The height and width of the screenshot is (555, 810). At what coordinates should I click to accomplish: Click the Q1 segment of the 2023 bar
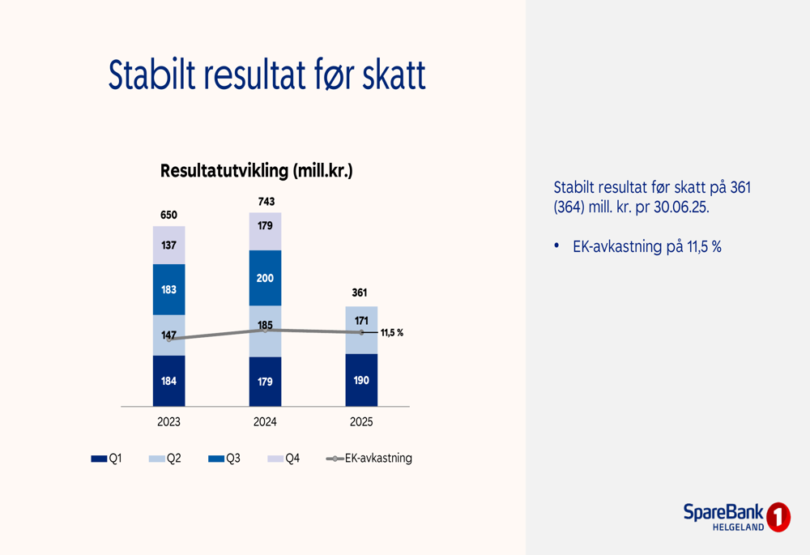[169, 381]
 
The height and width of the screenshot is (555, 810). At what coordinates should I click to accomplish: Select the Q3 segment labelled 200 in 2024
[265, 278]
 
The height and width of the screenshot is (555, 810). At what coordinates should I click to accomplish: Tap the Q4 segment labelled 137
[169, 245]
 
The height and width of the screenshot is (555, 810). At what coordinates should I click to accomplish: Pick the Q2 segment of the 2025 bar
[361, 331]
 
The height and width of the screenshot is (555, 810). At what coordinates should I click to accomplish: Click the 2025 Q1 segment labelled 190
[361, 380]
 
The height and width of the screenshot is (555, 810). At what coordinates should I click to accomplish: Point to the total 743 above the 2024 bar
[266, 202]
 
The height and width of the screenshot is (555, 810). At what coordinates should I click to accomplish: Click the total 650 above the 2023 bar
[169, 215]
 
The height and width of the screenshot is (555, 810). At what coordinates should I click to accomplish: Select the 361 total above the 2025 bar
[360, 293]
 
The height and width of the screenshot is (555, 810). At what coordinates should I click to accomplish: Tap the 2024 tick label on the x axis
[265, 422]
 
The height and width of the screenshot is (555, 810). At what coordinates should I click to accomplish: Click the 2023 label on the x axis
[169, 422]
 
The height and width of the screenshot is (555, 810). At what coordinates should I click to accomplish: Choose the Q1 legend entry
[106, 459]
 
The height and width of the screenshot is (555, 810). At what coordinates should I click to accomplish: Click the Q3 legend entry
[224, 459]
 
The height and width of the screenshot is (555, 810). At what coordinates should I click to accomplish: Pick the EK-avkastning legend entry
[369, 459]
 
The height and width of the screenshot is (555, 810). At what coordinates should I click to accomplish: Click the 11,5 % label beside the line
[392, 333]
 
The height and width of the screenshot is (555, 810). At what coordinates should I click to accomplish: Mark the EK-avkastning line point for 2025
[361, 333]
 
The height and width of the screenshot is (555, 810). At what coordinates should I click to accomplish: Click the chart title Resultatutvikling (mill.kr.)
[257, 170]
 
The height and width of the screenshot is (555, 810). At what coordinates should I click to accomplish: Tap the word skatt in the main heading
[394, 75]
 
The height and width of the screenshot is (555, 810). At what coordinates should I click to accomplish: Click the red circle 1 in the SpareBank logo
[778, 517]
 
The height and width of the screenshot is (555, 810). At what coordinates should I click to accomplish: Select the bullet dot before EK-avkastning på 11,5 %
[557, 245]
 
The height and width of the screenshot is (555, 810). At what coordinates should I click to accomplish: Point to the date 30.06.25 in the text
[681, 207]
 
